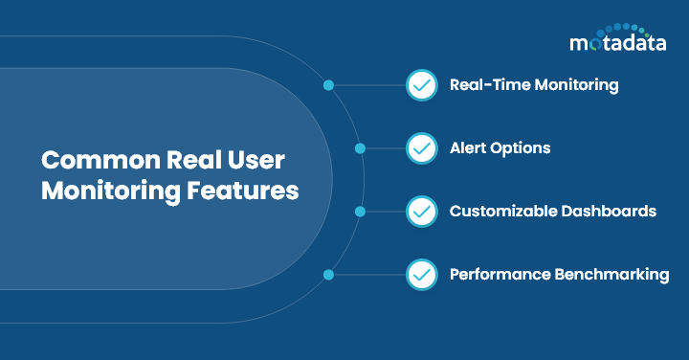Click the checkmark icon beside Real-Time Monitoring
(421, 85)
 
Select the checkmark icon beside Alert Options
(421, 148)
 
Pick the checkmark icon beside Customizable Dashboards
(421, 212)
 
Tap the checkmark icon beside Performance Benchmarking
(421, 275)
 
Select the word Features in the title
(239, 190)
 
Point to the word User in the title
(261, 159)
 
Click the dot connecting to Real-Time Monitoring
(328, 85)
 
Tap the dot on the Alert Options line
(360, 148)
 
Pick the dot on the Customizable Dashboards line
(360, 212)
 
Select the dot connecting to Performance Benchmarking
(328, 275)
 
